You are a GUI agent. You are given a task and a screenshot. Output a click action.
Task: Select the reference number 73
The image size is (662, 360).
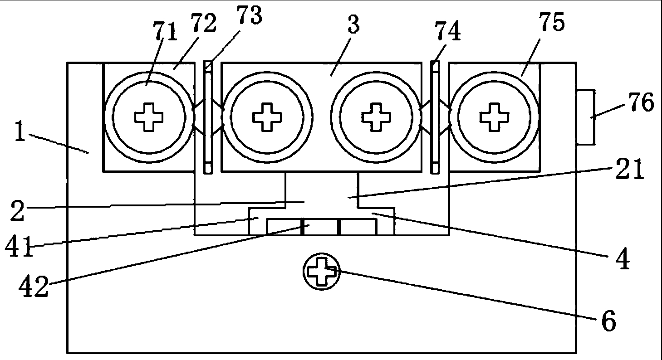[249, 16]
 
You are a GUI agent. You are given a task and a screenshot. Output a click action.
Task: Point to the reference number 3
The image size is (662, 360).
[353, 26]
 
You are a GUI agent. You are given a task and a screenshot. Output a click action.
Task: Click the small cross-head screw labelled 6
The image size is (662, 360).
[322, 272]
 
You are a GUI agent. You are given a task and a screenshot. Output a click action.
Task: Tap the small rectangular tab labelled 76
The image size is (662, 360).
[585, 117]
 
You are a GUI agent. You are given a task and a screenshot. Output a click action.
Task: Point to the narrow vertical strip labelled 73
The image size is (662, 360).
[208, 117]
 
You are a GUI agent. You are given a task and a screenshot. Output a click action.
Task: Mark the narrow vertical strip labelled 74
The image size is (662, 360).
[435, 117]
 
